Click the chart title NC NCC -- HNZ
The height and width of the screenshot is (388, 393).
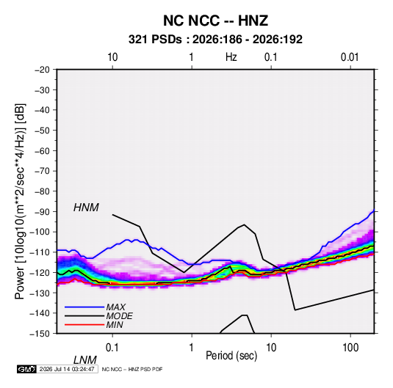click(215, 21)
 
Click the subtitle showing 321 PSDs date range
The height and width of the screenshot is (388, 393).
click(215, 40)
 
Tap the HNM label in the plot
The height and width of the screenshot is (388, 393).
click(86, 208)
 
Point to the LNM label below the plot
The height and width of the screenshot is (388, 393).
click(85, 360)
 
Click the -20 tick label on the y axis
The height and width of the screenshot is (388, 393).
click(42, 70)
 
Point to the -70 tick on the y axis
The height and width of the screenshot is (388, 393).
click(42, 171)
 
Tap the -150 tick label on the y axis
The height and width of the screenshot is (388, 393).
click(40, 334)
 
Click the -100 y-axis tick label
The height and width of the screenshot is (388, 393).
click(40, 232)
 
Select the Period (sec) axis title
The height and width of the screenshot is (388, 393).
click(231, 356)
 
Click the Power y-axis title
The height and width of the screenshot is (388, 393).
click(20, 202)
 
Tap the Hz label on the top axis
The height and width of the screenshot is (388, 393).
click(231, 57)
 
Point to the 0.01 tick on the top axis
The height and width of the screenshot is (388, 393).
click(350, 57)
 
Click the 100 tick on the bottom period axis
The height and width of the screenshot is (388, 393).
click(350, 348)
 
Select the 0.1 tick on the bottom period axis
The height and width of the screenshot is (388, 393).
click(112, 348)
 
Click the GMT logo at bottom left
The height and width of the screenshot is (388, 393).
click(27, 369)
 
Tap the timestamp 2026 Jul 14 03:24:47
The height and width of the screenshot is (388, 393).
click(67, 369)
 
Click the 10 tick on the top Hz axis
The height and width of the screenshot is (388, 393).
click(112, 57)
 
